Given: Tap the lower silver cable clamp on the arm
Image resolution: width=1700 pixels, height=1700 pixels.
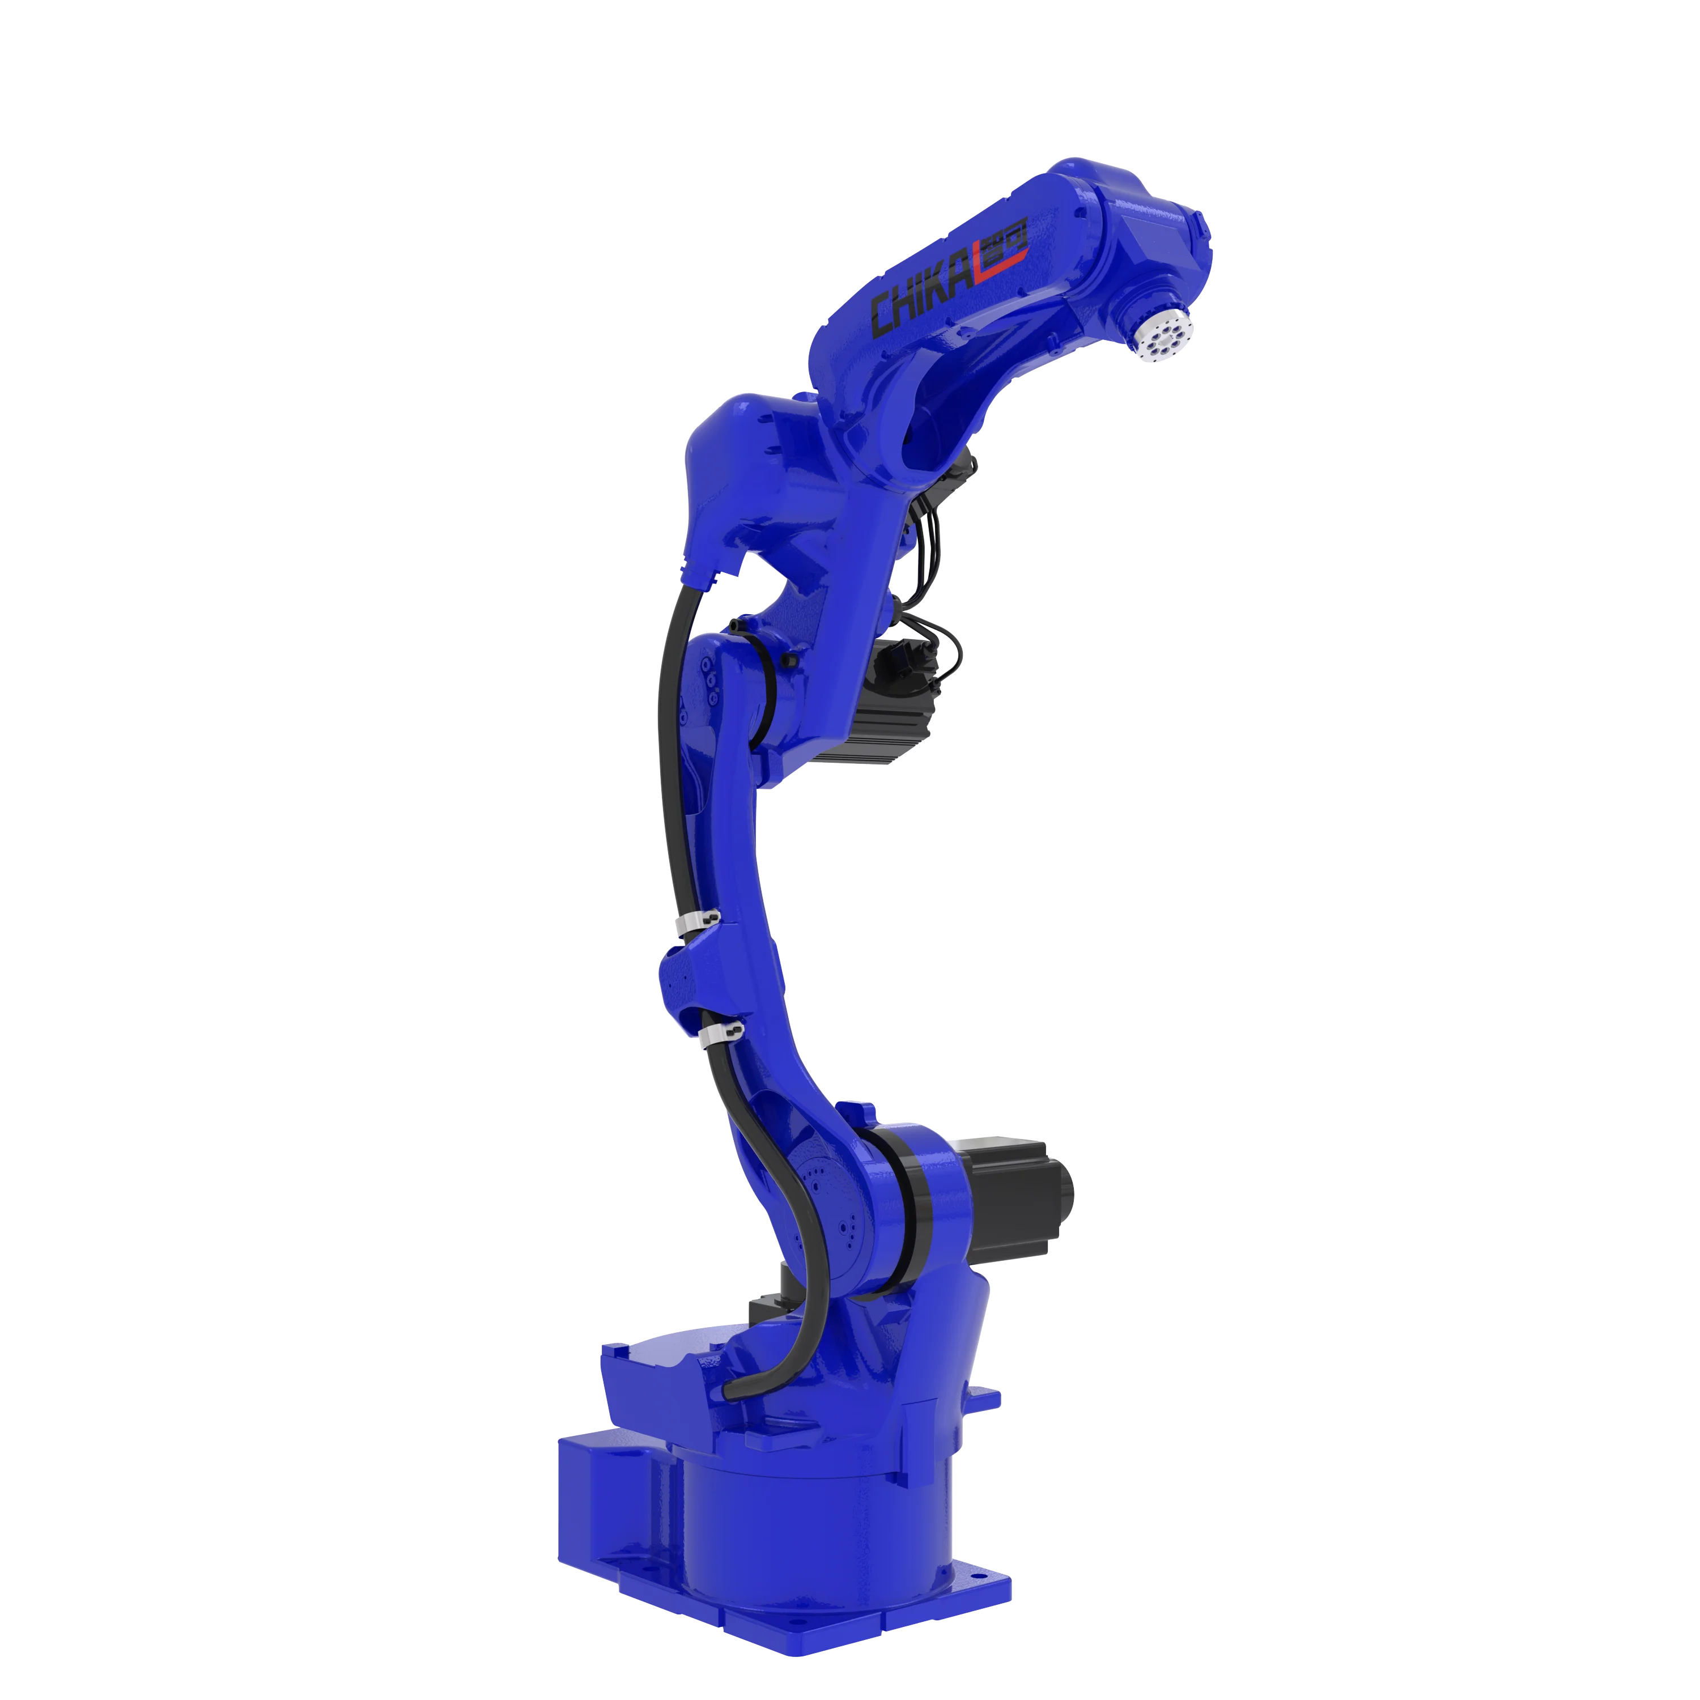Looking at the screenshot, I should click(721, 1031).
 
